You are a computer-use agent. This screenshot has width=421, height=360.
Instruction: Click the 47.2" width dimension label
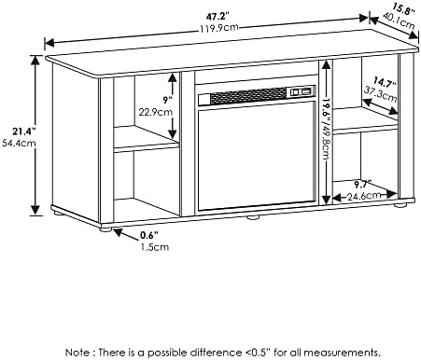218,16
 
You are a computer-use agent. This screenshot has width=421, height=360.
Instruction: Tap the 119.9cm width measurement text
218,28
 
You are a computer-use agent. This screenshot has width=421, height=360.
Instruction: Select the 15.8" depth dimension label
403,8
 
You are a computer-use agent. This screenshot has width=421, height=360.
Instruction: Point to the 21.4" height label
23,132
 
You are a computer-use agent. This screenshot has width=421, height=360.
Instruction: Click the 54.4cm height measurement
19,144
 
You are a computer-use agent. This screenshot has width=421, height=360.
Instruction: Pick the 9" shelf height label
167,100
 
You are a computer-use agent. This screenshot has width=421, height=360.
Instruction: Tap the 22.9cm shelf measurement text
155,112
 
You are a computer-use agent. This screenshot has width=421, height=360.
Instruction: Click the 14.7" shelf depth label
385,83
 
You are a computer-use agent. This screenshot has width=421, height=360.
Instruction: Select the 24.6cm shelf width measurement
364,196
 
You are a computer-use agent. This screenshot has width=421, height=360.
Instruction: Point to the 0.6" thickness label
149,235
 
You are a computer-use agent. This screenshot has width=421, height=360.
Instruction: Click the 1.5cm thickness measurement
155,247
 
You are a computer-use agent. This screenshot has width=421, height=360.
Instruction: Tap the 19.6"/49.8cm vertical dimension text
326,129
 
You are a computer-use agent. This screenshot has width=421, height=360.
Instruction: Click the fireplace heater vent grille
248,95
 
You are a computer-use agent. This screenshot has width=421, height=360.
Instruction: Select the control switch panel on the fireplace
301,91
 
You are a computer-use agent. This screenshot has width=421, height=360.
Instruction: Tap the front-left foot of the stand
105,229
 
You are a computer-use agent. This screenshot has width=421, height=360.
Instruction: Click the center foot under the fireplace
253,217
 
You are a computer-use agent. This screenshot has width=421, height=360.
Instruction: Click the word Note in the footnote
77,353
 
